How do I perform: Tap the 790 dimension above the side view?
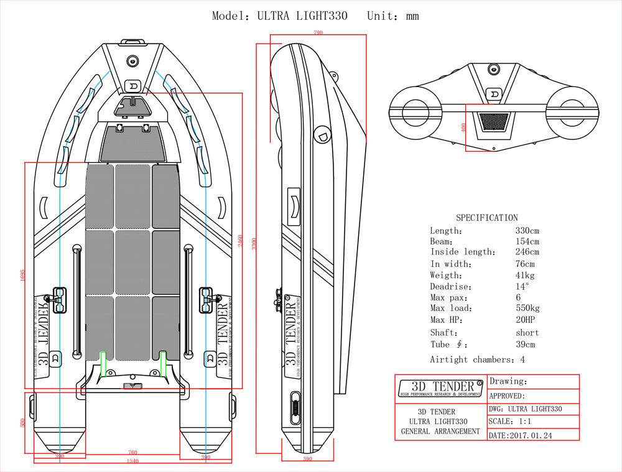[x=318, y=33]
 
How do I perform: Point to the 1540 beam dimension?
[x=132, y=461]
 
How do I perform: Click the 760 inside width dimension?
[x=132, y=452]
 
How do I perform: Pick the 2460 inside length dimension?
[x=240, y=241]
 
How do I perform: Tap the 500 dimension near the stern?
[x=23, y=423]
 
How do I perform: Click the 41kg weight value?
[x=524, y=275]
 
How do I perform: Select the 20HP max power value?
[x=525, y=320]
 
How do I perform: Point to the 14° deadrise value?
[x=522, y=287]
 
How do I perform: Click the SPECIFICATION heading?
[x=486, y=218]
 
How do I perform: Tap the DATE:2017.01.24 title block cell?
[x=521, y=435]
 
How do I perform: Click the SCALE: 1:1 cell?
[x=510, y=422]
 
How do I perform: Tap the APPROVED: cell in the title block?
[x=507, y=396]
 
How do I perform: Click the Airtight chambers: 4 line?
[x=477, y=359]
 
